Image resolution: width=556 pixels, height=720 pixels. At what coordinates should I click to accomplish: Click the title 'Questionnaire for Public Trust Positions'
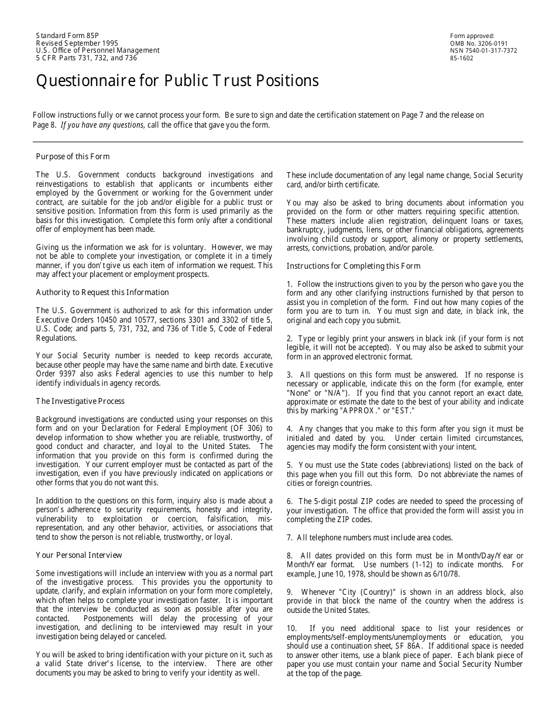pyautogui.click(x=177, y=81)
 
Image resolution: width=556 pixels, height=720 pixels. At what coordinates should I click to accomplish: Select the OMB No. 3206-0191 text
pyautogui.click(x=479, y=43)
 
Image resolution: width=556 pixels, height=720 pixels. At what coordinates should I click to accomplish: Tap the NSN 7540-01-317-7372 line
pyautogui.click(x=483, y=51)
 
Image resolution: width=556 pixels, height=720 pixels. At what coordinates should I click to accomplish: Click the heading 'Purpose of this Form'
pyautogui.click(x=73, y=156)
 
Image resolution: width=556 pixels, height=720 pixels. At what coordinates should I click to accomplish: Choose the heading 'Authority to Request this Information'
pyautogui.click(x=102, y=292)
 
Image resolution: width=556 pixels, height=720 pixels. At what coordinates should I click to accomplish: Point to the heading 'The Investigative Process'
pyautogui.click(x=80, y=401)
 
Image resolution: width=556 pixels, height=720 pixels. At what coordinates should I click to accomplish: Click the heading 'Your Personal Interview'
pyautogui.click(x=79, y=555)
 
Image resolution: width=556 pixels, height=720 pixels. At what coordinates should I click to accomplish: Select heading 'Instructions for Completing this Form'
pyautogui.click(x=353, y=266)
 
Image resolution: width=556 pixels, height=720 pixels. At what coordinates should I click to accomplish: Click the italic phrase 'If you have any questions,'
pyautogui.click(x=102, y=125)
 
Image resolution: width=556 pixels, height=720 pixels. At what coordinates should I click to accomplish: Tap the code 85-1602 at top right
pyautogui.click(x=462, y=59)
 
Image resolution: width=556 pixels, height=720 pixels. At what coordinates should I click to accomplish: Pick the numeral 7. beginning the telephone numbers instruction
pyautogui.click(x=290, y=537)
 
